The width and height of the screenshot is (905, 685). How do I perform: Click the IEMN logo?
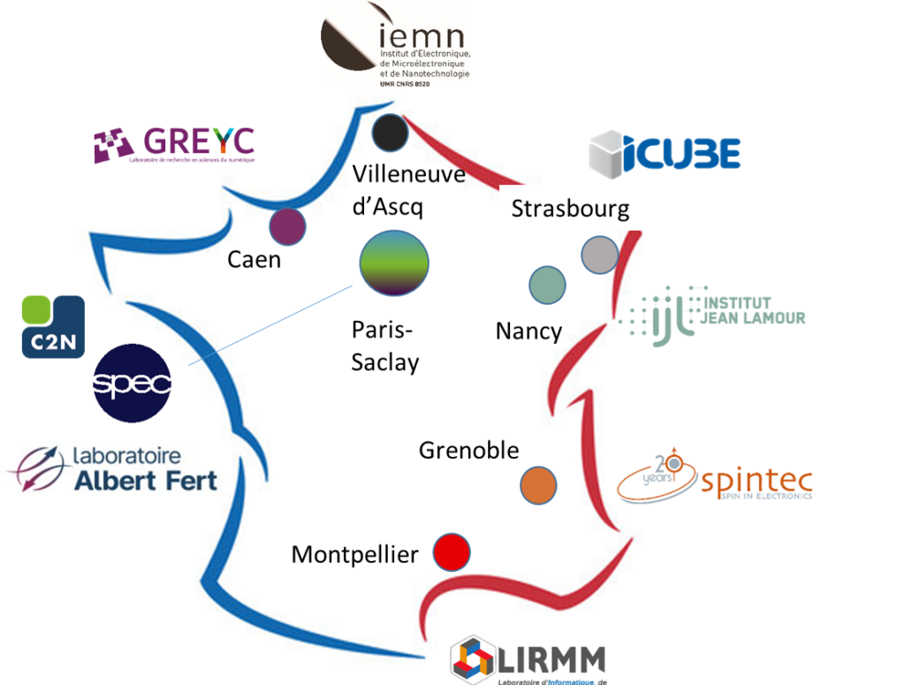(x=395, y=42)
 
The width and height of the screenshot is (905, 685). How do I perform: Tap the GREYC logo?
(x=174, y=145)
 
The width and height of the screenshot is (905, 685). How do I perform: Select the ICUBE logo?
(x=665, y=152)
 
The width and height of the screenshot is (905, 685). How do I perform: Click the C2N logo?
(x=53, y=326)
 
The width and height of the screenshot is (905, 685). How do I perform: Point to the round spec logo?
(x=132, y=383)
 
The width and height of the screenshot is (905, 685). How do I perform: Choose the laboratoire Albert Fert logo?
(x=112, y=468)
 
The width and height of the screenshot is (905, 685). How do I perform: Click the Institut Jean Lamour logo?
(x=718, y=316)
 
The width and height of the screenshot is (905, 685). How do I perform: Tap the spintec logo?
(x=717, y=477)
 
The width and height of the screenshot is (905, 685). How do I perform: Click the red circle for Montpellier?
(x=451, y=553)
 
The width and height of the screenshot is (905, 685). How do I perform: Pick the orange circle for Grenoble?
(x=538, y=485)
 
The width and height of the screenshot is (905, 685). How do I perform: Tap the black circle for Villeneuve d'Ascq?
(x=390, y=133)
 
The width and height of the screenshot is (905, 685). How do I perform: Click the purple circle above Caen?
(x=287, y=227)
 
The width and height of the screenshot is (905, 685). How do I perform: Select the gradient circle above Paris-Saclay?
(x=394, y=263)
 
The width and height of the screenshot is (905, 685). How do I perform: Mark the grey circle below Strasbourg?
(x=599, y=255)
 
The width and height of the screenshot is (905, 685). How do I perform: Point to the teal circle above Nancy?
(x=547, y=285)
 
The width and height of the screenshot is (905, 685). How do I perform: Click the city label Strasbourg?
(x=570, y=209)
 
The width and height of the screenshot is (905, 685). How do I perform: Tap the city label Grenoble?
(x=468, y=450)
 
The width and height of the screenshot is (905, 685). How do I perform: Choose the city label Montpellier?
(x=354, y=555)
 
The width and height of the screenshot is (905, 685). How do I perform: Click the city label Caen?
(x=254, y=260)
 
